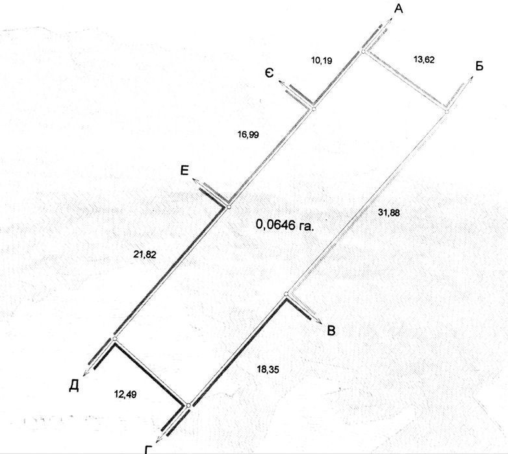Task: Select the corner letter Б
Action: pyautogui.click(x=479, y=66)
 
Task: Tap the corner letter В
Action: pyautogui.click(x=331, y=331)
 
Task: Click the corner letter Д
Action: pyautogui.click(x=74, y=386)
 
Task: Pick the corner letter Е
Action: pyautogui.click(x=184, y=171)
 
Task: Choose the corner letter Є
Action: pyautogui.click(x=269, y=73)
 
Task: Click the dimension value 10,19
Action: pyautogui.click(x=322, y=60)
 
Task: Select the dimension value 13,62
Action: pyautogui.click(x=424, y=59)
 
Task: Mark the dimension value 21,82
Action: pyautogui.click(x=144, y=256)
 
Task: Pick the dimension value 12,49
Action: pyautogui.click(x=125, y=394)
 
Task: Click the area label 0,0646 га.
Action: pyautogui.click(x=285, y=225)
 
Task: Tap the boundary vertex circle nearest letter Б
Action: pyautogui.click(x=446, y=112)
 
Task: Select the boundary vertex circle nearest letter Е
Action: pyautogui.click(x=228, y=207)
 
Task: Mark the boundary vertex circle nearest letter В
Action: pyautogui.click(x=286, y=294)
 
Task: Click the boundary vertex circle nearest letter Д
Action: pyautogui.click(x=114, y=339)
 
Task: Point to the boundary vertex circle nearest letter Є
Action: pyautogui.click(x=312, y=108)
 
